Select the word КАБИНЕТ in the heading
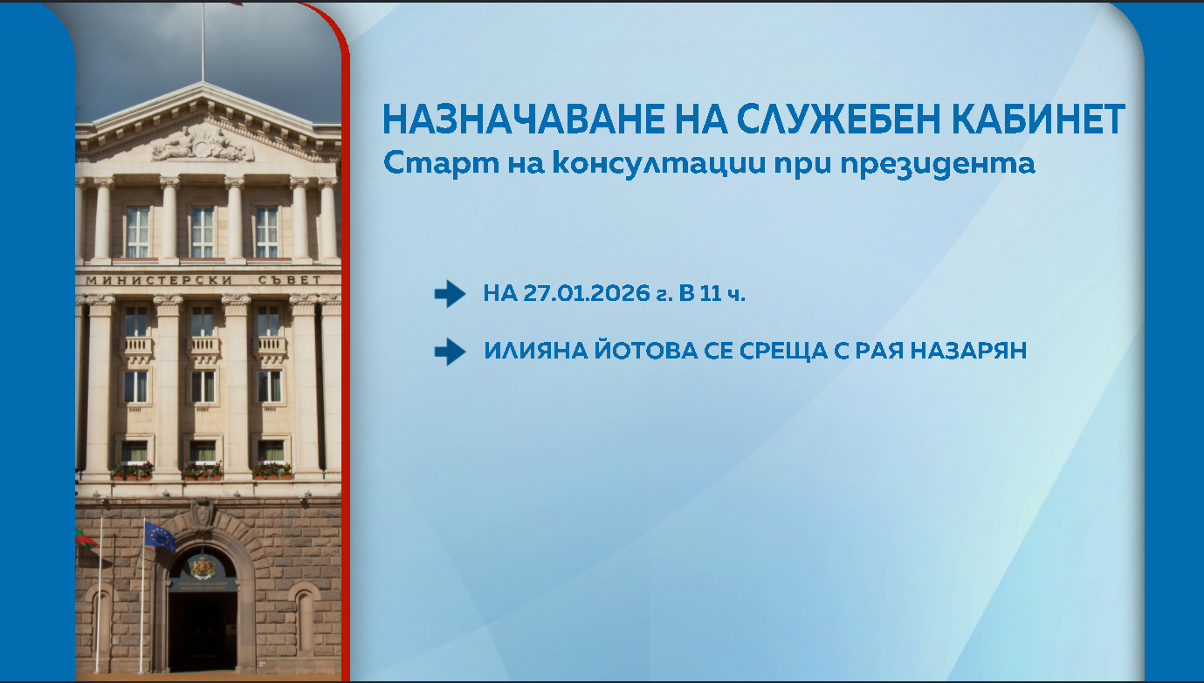[1038, 120]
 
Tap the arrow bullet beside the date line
[450, 294]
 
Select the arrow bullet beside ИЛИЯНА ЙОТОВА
[450, 352]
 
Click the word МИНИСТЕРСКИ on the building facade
[159, 280]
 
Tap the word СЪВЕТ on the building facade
[290, 280]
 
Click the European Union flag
[160, 536]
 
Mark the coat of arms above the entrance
[203, 567]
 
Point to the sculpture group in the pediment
[203, 145]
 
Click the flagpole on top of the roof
[203, 42]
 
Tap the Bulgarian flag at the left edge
[86, 538]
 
